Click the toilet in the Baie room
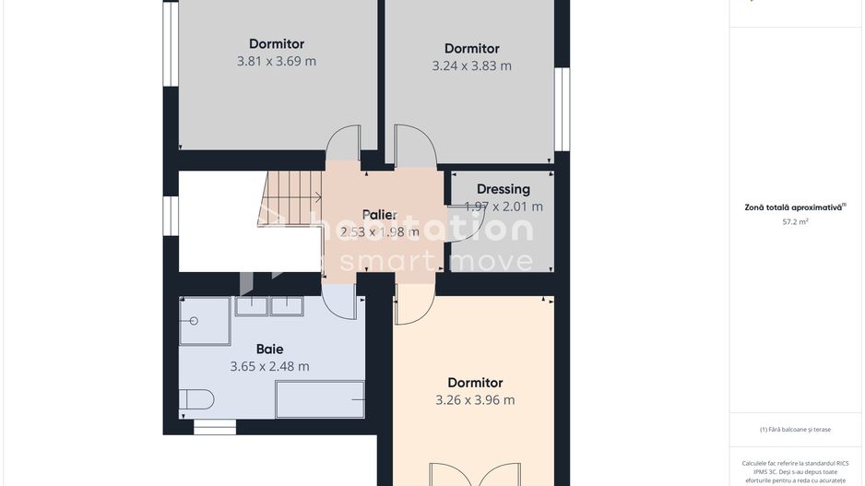click(197, 399)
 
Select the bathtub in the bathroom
click(319, 399)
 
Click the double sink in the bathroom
click(269, 306)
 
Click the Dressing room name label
click(503, 189)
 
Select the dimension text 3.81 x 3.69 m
click(276, 62)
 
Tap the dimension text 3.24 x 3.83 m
click(471, 66)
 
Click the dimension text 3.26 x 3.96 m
click(475, 400)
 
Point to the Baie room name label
click(269, 350)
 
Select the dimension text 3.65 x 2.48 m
click(269, 367)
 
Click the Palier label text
click(379, 215)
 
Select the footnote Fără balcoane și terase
click(795, 429)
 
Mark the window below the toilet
click(214, 428)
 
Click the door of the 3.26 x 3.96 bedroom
click(413, 304)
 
